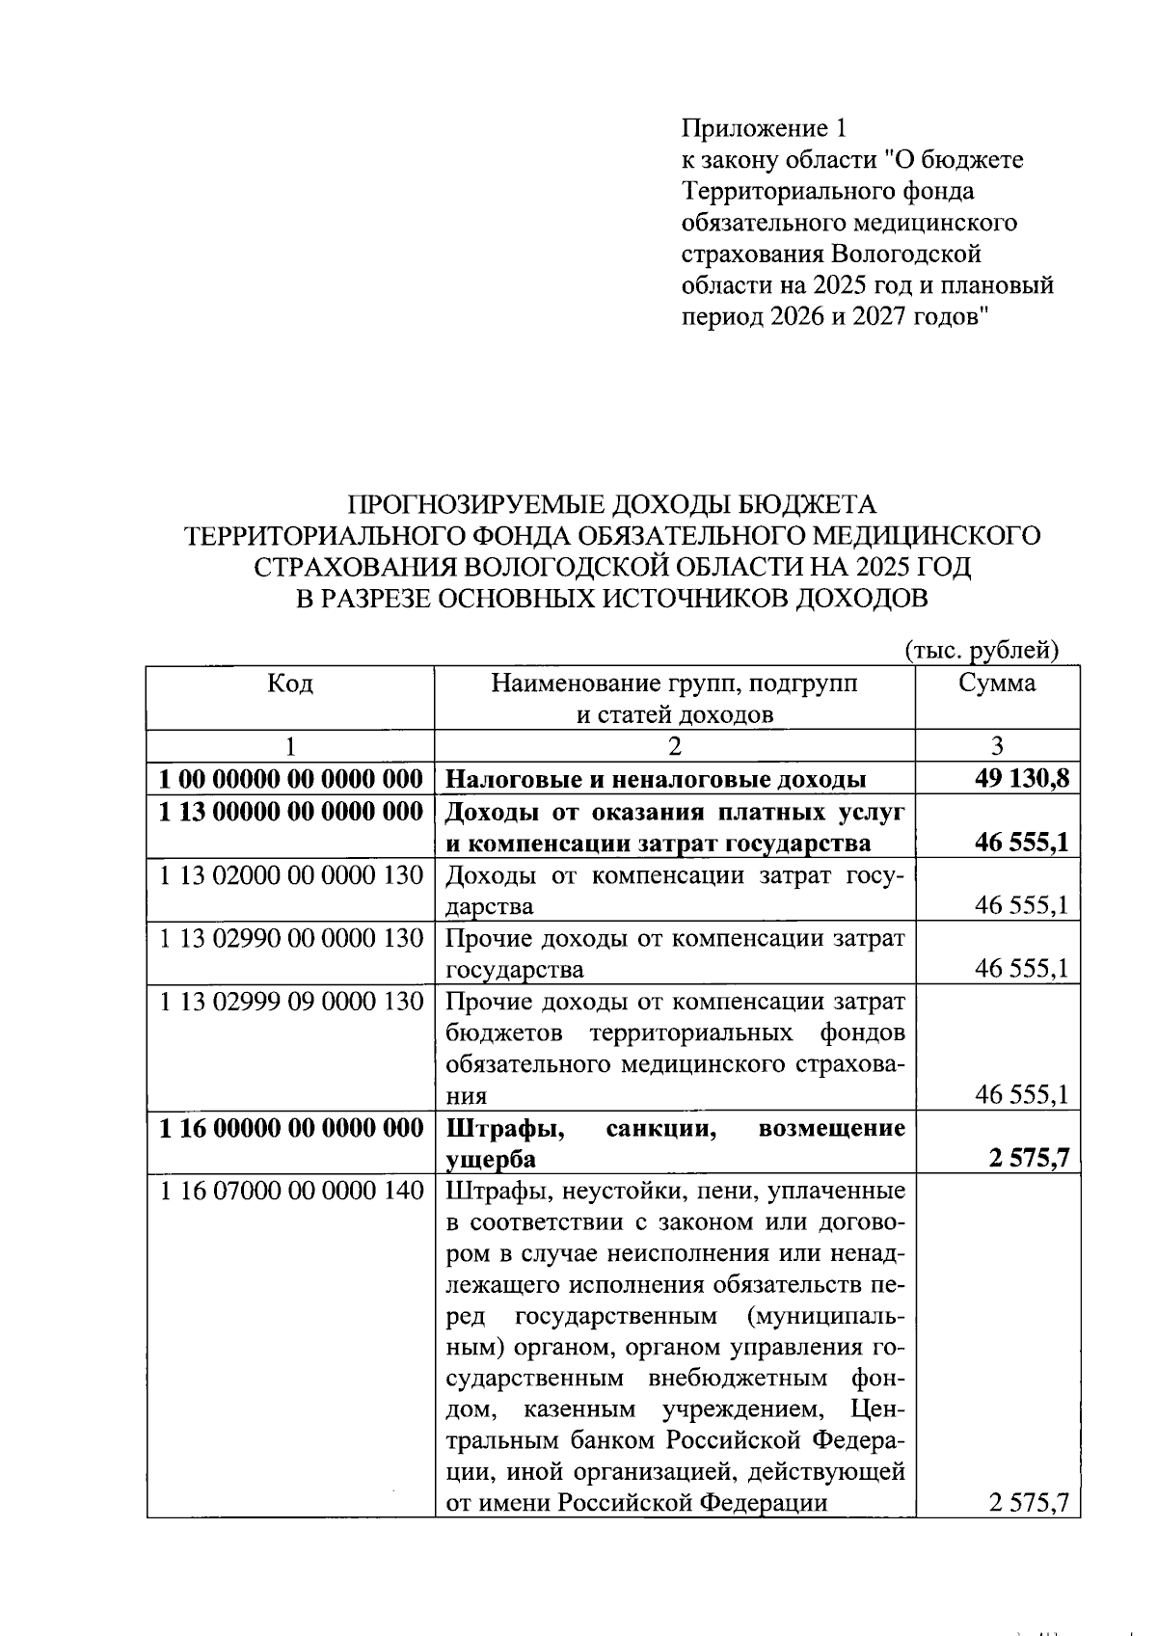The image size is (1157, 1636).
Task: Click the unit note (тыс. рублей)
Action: pyautogui.click(x=982, y=651)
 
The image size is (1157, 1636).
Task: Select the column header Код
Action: pyautogui.click(x=289, y=684)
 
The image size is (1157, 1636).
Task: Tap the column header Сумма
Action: pyautogui.click(x=997, y=684)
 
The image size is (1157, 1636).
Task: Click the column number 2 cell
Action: pyautogui.click(x=674, y=746)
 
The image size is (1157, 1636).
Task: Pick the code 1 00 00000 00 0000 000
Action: pyautogui.click(x=291, y=779)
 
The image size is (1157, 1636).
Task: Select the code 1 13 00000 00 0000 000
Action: pyautogui.click(x=291, y=812)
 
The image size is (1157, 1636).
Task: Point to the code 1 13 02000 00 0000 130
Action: pyautogui.click(x=291, y=875)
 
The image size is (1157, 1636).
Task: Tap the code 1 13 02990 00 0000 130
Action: pyautogui.click(x=291, y=938)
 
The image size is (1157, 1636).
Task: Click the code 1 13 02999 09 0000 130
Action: pyautogui.click(x=291, y=1002)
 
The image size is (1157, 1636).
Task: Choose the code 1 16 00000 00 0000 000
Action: pyautogui.click(x=291, y=1128)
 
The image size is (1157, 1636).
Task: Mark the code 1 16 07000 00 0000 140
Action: pyautogui.click(x=291, y=1192)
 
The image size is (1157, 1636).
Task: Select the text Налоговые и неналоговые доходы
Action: pyautogui.click(x=655, y=779)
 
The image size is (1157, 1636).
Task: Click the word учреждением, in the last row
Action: pyautogui.click(x=742, y=1410)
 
